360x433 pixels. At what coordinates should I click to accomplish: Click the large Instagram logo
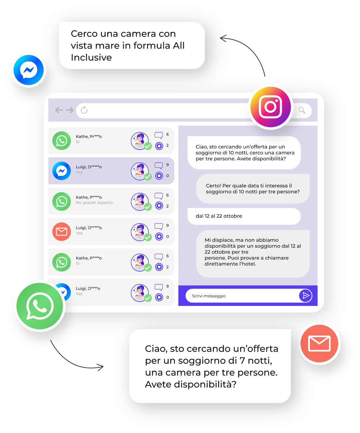click(x=271, y=107)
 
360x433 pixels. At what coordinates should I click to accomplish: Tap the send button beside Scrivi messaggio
click(x=306, y=296)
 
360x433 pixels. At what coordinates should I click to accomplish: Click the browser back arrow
click(x=59, y=110)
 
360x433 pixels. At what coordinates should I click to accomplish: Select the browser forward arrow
click(x=70, y=110)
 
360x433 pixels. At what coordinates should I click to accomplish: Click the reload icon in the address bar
click(x=84, y=110)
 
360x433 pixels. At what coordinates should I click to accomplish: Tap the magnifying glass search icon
click(x=302, y=110)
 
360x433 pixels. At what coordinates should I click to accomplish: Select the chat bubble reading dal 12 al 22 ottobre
click(x=244, y=216)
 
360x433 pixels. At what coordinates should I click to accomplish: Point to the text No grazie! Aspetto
click(x=94, y=203)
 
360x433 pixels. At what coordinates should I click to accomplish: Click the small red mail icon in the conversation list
click(x=62, y=232)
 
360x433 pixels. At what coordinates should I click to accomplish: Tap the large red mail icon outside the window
click(x=319, y=343)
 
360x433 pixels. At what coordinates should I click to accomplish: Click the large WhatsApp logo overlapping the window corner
click(x=40, y=306)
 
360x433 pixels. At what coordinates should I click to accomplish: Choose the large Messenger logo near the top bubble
click(x=29, y=70)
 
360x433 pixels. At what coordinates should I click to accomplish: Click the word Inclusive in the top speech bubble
click(x=91, y=57)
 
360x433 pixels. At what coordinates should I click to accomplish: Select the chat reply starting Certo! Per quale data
click(x=253, y=189)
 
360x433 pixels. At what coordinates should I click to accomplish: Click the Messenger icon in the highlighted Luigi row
click(x=62, y=171)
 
